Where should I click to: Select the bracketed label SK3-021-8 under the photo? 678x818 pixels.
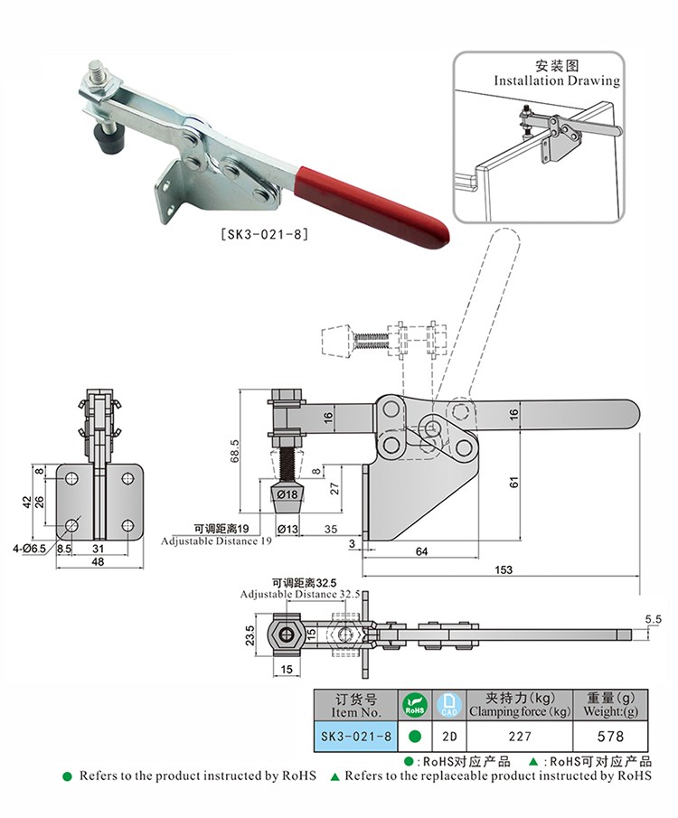pos(266,234)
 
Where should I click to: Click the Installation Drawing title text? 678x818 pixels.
pos(557,80)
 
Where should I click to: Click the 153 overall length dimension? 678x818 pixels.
pos(504,569)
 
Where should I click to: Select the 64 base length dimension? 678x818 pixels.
pos(421,550)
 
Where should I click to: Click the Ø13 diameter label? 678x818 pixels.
pos(287,529)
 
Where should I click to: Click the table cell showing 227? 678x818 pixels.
pos(519,737)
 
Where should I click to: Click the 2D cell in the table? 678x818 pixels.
pos(448,737)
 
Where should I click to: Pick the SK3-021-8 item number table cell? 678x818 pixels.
pos(355,737)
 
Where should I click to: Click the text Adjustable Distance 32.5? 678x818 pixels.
pos(300,594)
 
